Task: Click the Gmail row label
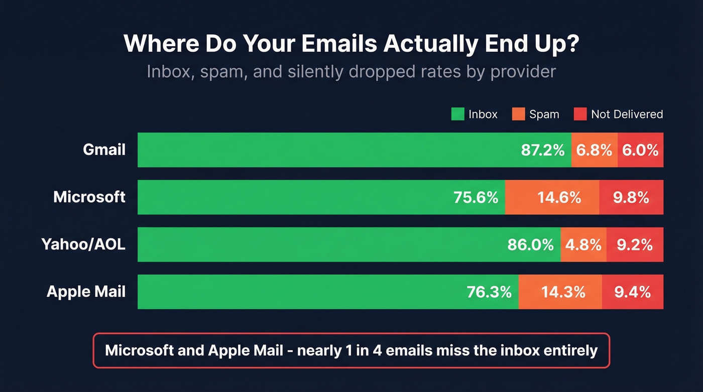tap(104, 150)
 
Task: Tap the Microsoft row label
tap(89, 197)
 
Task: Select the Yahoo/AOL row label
tap(83, 244)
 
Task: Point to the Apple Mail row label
tap(86, 292)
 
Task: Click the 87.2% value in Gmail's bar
tap(543, 150)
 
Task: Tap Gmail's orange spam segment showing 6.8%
tap(594, 150)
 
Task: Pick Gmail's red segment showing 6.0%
tap(640, 150)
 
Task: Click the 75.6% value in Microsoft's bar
tap(476, 197)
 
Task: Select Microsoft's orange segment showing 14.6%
tap(552, 197)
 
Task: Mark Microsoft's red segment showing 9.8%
tap(631, 197)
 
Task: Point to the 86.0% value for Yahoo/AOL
tap(530, 244)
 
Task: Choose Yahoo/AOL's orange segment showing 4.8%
tap(583, 244)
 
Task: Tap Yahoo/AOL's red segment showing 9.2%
tap(635, 244)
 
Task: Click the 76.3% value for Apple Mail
tap(489, 292)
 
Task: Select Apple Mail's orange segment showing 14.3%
tap(560, 292)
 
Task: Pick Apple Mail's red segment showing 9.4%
tap(633, 292)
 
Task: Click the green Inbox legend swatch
tap(457, 114)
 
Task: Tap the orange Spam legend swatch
tap(518, 114)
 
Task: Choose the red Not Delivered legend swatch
tap(580, 114)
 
